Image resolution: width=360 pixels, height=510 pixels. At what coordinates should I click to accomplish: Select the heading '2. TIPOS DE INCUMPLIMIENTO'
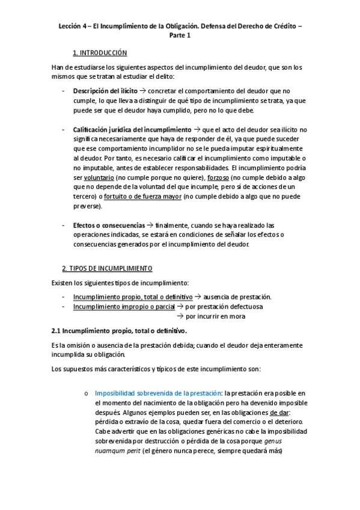pos(108,268)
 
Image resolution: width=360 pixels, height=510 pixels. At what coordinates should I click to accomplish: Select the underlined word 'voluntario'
pos(100,178)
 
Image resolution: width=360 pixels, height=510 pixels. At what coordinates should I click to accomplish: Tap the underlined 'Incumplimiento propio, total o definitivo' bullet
pos(132,296)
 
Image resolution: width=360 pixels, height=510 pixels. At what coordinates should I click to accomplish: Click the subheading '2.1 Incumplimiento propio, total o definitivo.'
pos(120,330)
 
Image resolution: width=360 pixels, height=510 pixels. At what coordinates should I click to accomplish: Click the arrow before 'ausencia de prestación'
pos(198,296)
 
